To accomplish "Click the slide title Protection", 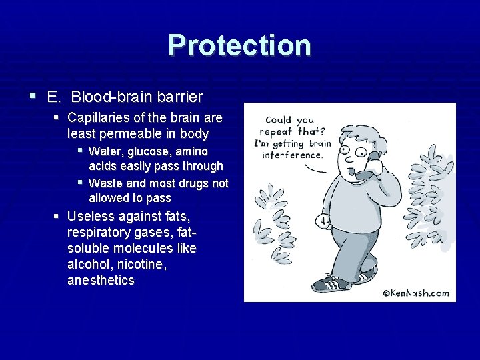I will tap(239, 45).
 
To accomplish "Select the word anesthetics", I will tap(101, 280).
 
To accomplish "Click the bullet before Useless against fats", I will tap(58, 217).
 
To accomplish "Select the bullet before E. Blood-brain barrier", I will tap(33, 96).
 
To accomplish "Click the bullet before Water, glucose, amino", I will tap(80, 151).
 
